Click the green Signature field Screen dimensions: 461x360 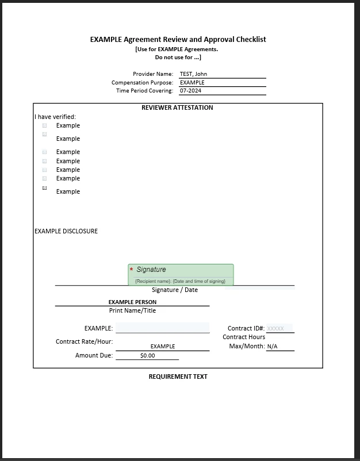coord(181,274)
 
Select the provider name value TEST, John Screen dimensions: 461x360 coord(193,74)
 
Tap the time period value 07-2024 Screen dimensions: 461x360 coord(190,91)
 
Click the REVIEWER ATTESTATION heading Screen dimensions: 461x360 coord(177,107)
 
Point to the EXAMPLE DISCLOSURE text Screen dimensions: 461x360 coord(66,231)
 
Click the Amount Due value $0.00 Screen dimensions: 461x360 coord(148,356)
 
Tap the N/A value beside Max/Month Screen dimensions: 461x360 coord(272,347)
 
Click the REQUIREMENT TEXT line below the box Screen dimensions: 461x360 coord(178,377)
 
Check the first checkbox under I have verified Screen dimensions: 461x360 coord(45,125)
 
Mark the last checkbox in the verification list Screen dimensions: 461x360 coord(45,188)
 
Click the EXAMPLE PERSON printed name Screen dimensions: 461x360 coord(132,302)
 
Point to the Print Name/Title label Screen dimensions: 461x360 coord(132,311)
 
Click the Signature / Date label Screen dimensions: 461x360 coord(175,290)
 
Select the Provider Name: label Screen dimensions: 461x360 coord(153,74)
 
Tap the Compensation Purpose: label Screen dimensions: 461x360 coord(142,83)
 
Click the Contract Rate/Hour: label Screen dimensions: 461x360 coord(84,341)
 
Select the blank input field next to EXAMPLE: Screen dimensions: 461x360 coord(162,328)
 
